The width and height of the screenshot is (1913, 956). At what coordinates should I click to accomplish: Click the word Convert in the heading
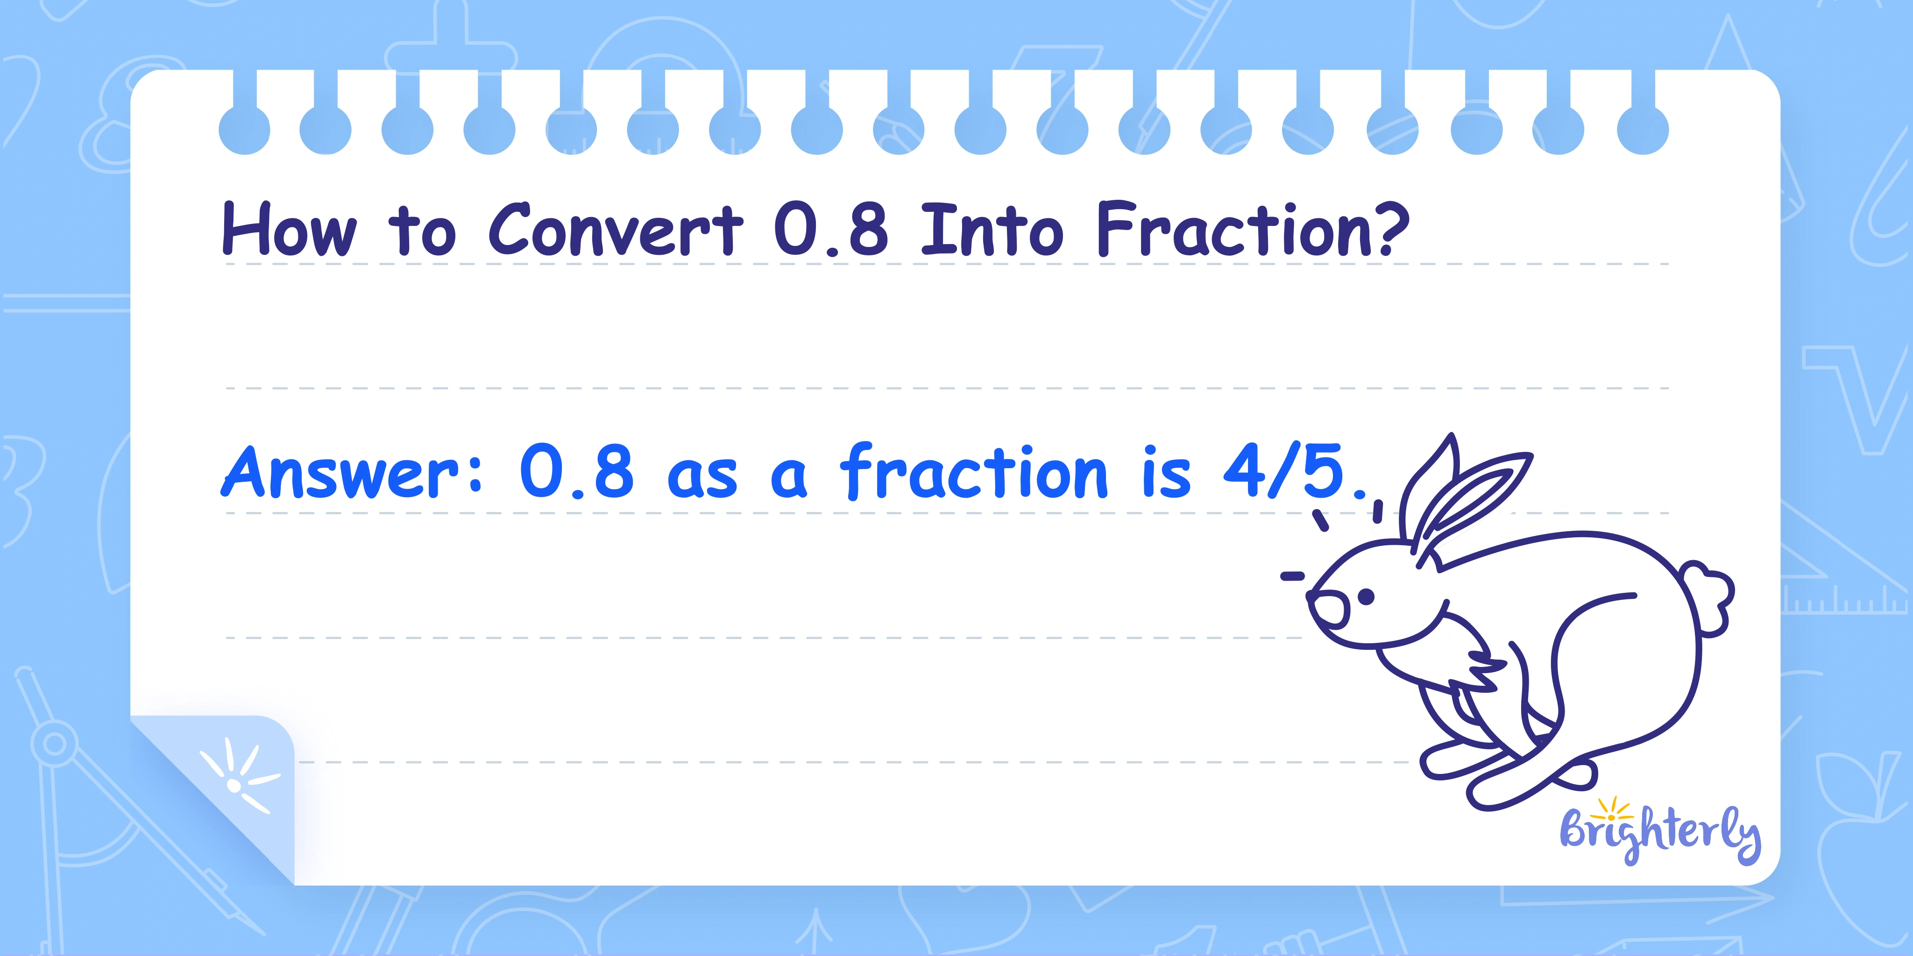(616, 230)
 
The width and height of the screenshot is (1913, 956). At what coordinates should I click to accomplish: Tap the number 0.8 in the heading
(831, 230)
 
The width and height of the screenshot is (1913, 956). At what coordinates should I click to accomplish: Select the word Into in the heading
(992, 230)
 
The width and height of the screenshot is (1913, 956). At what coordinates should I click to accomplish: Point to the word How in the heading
(289, 230)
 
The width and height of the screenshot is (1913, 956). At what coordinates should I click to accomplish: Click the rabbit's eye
(1366, 596)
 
